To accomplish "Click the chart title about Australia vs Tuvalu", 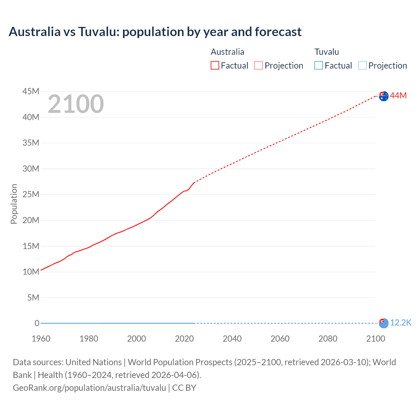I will pos(155,32).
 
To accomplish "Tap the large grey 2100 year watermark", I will pos(76,104).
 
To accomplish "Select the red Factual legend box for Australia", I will pos(215,65).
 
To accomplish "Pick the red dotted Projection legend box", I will pos(259,65).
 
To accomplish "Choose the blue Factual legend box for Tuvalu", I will pos(319,65).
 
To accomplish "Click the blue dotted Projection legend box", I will pos(363,65).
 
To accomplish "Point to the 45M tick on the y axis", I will pos(31,91).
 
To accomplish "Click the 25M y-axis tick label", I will pos(31,194).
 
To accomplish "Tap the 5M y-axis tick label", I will pos(33,298).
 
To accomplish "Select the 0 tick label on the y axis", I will pos(37,323).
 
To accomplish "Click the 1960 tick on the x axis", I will pos(41,339).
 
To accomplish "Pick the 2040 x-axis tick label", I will pos(232,339).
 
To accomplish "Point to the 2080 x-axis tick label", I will pos(328,339).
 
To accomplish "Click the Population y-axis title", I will pos(14,204).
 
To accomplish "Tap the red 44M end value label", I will pos(398,95).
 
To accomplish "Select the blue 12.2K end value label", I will pos(401,323).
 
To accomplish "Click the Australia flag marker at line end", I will pos(384,96).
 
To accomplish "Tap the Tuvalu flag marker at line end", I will pos(384,323).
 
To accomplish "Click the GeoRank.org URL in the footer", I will pos(89,388).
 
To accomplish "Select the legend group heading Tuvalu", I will pos(326,52).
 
